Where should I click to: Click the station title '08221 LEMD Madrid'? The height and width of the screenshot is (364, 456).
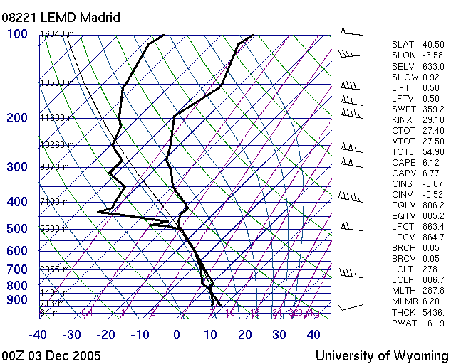coord(61,17)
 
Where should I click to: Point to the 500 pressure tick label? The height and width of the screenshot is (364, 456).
coord(16,229)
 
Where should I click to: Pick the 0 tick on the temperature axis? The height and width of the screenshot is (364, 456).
coord(176,334)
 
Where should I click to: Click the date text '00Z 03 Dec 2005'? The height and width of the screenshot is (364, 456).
coord(51,355)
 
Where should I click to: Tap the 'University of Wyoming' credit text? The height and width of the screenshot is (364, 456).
coord(381,355)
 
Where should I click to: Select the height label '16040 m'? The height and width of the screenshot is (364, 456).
coord(57,34)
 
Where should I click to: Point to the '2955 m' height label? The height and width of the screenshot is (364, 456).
coord(55,269)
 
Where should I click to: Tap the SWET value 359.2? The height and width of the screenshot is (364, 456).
coord(433,109)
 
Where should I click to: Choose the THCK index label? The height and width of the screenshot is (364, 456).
coord(403,312)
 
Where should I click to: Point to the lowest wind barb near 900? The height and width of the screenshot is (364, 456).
coord(349,306)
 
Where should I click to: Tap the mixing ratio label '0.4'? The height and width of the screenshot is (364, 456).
coord(87,312)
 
